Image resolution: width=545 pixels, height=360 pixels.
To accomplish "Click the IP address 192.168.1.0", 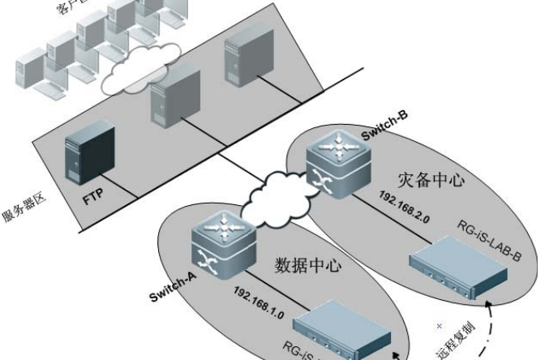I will [x=258, y=291].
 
